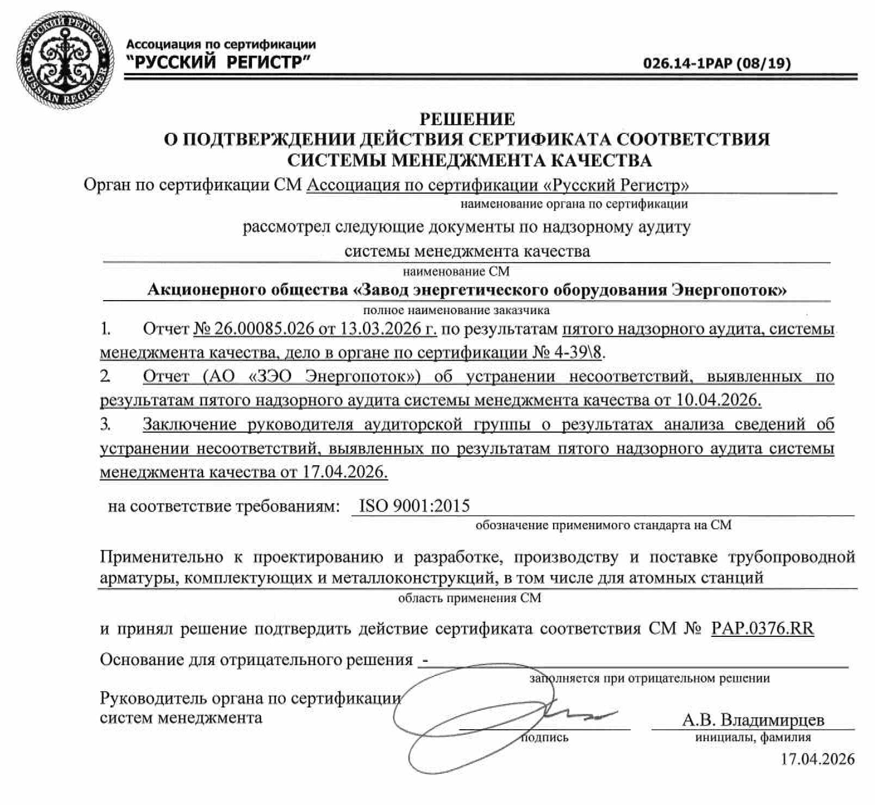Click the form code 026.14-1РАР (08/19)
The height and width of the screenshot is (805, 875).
(x=717, y=64)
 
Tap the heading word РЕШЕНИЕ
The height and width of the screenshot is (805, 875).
(x=467, y=119)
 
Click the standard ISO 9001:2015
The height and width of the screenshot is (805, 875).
(x=414, y=505)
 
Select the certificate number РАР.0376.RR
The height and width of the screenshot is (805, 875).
(x=763, y=628)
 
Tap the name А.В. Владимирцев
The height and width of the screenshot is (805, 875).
(x=753, y=720)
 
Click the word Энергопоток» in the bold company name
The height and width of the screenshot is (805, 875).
(x=729, y=290)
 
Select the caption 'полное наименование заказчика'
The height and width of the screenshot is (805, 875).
(x=456, y=310)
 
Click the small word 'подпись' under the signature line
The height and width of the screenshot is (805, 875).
(x=544, y=738)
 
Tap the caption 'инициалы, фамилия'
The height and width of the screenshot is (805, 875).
(x=753, y=738)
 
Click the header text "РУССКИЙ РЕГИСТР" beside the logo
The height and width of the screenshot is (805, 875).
(x=218, y=63)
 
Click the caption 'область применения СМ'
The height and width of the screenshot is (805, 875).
(x=470, y=598)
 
